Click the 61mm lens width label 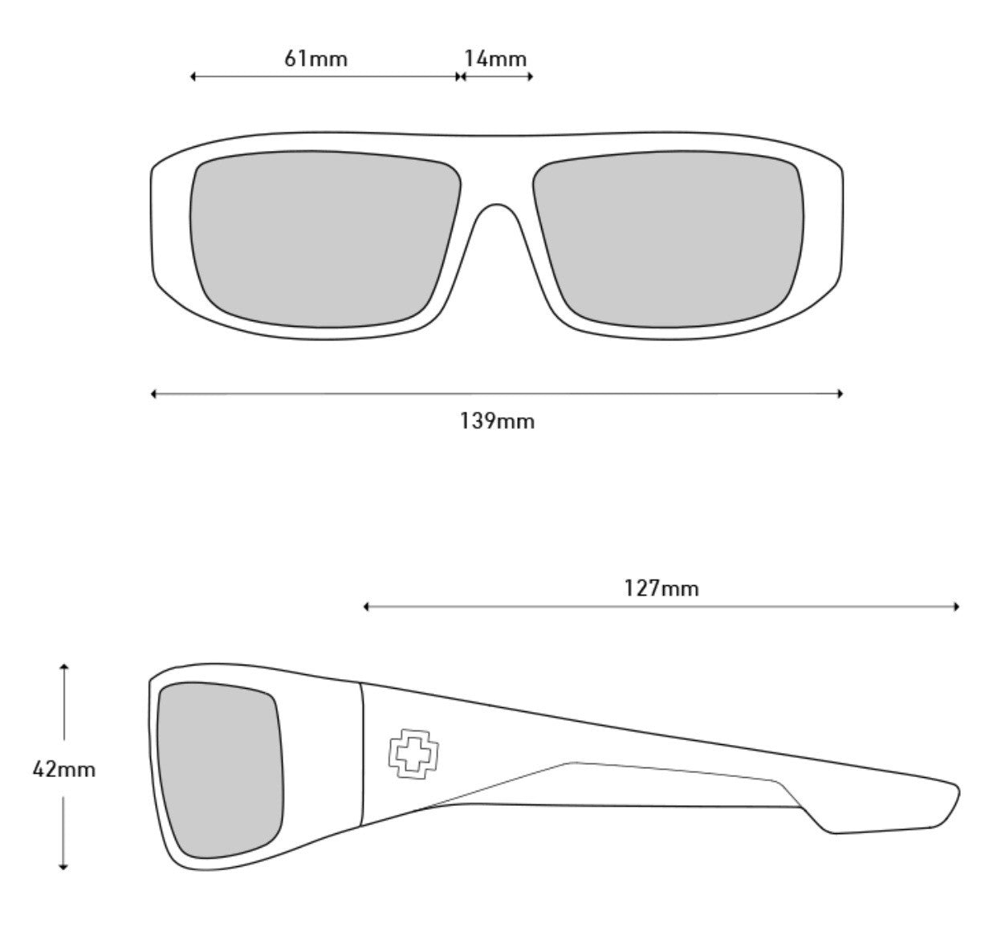pyautogui.click(x=315, y=59)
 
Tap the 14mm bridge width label pyautogui.click(x=495, y=59)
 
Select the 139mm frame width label pyautogui.click(x=497, y=421)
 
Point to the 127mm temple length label pyautogui.click(x=661, y=588)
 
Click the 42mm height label pyautogui.click(x=63, y=770)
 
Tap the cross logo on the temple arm pyautogui.click(x=413, y=754)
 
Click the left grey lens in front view pyautogui.click(x=325, y=239)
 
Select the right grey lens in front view pyautogui.click(x=669, y=239)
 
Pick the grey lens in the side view pyautogui.click(x=220, y=768)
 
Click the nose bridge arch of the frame pyautogui.click(x=496, y=205)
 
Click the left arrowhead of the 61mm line pyautogui.click(x=193, y=76)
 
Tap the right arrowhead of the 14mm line pyautogui.click(x=530, y=76)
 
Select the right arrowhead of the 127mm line pyautogui.click(x=957, y=607)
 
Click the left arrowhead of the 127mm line pyautogui.click(x=366, y=607)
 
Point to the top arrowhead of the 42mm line pyautogui.click(x=63, y=666)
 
